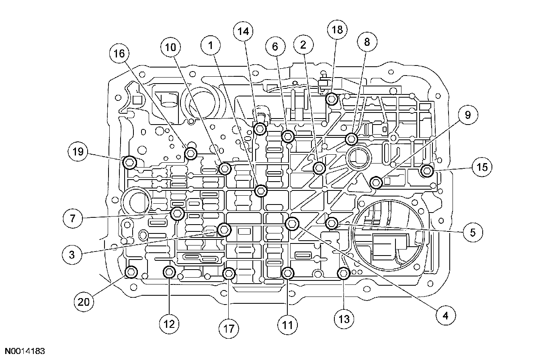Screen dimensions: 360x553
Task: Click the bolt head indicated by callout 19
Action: pos(129,163)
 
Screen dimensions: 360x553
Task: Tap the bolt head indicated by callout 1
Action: pos(261,190)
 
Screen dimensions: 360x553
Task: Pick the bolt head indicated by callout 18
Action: pos(332,98)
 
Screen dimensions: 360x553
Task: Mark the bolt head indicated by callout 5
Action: pos(332,223)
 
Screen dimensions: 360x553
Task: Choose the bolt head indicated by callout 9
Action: pos(376,183)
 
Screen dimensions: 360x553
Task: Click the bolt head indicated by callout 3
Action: pos(224,230)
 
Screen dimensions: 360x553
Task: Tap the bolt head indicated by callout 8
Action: pos(351,139)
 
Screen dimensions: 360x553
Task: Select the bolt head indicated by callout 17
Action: pos(229,274)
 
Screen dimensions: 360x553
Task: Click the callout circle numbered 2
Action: pos(303,46)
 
